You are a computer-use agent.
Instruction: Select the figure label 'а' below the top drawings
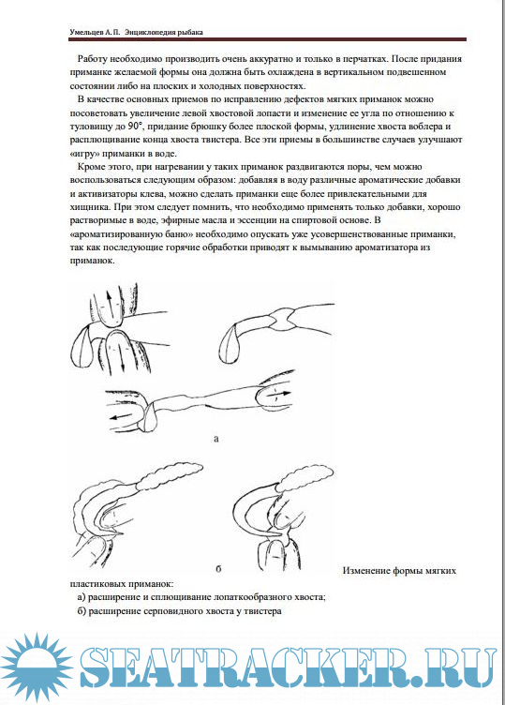[216, 439]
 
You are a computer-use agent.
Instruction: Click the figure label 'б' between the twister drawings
[218, 569]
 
